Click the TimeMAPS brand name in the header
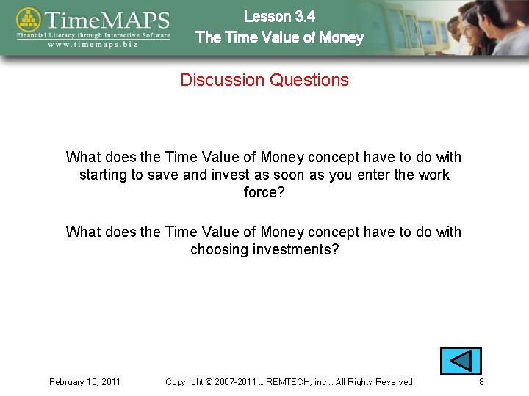[x=107, y=20]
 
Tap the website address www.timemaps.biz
[x=94, y=44]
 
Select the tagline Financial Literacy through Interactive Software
[x=94, y=34]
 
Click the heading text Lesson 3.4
[x=279, y=16]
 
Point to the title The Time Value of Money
[x=279, y=37]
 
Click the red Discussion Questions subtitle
[x=264, y=80]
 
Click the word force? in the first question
[x=264, y=193]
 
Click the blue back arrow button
[x=461, y=362]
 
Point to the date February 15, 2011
[x=85, y=382]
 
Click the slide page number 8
[x=481, y=382]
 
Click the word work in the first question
[x=434, y=175]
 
